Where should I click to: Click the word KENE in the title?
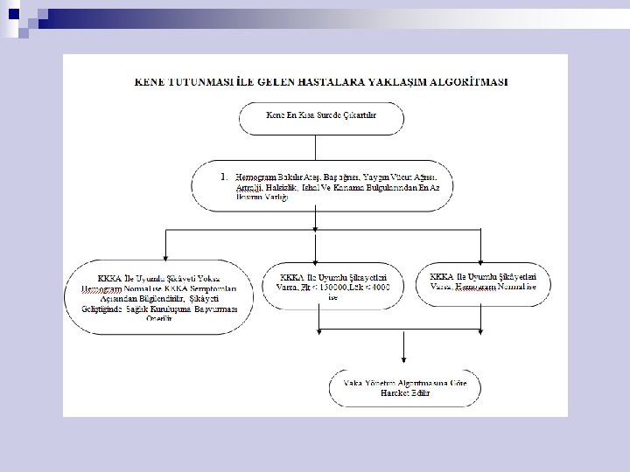tap(150, 81)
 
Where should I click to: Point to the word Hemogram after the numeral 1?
tap(255, 178)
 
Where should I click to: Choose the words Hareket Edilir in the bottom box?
tap(404, 393)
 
